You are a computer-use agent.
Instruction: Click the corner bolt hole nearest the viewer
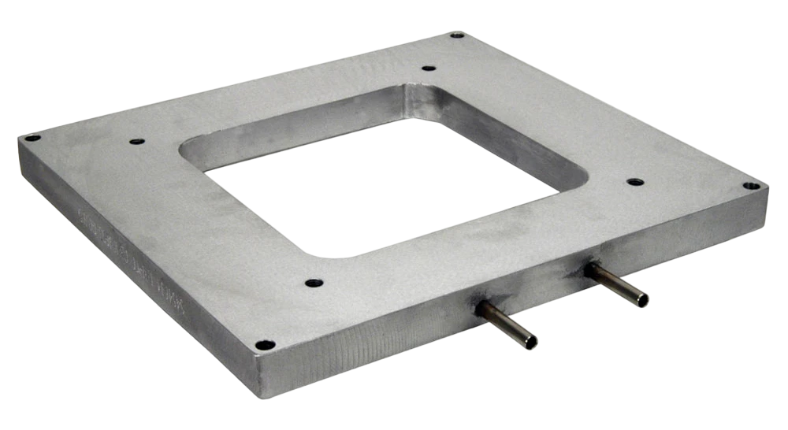coord(266,345)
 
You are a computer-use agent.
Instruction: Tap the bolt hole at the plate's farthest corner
coord(457,35)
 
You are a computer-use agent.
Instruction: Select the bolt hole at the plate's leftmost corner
coord(32,138)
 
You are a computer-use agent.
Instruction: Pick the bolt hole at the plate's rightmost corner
coord(751,186)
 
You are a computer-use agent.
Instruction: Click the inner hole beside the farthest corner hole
coord(428,68)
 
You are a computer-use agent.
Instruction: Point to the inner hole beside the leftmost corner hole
coord(136,142)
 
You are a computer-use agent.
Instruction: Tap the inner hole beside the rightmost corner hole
coord(635,182)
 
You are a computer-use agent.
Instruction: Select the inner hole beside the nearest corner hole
coord(314,282)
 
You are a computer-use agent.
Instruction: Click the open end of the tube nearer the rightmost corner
coord(642,300)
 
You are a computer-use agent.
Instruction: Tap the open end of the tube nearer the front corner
coord(531,343)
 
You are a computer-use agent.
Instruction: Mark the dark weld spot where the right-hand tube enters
coord(589,269)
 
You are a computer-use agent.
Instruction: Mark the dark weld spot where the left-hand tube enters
coord(479,310)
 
